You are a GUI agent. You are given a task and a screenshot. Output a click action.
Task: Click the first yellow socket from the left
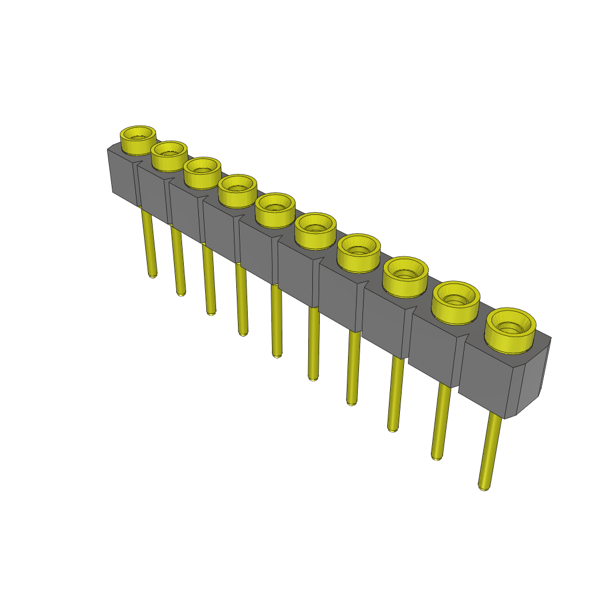pos(138,140)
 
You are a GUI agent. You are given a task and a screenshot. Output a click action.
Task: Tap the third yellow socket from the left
pos(202,172)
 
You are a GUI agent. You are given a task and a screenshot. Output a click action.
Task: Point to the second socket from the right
pos(456,301)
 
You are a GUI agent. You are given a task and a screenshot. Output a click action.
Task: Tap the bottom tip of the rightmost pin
pos(484,487)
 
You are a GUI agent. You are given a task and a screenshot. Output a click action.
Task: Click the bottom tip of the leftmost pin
pos(153,275)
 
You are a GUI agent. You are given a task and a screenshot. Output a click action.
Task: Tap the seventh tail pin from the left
pos(353,369)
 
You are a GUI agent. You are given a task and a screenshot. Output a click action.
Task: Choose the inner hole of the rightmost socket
pos(510,326)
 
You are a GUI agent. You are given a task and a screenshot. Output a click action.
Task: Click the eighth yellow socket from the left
pos(405,276)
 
